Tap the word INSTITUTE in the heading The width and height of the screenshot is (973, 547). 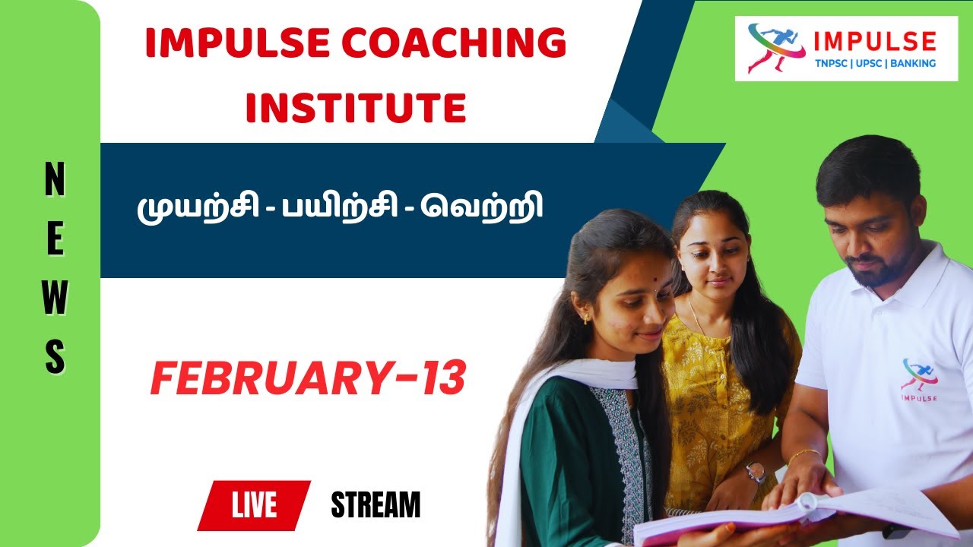[356, 108]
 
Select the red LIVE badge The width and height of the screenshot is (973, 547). [254, 505]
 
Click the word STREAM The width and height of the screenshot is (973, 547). [376, 505]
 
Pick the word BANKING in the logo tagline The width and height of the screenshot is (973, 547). [912, 64]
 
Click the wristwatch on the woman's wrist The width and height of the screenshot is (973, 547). [756, 473]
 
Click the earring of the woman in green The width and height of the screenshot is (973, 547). [587, 319]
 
